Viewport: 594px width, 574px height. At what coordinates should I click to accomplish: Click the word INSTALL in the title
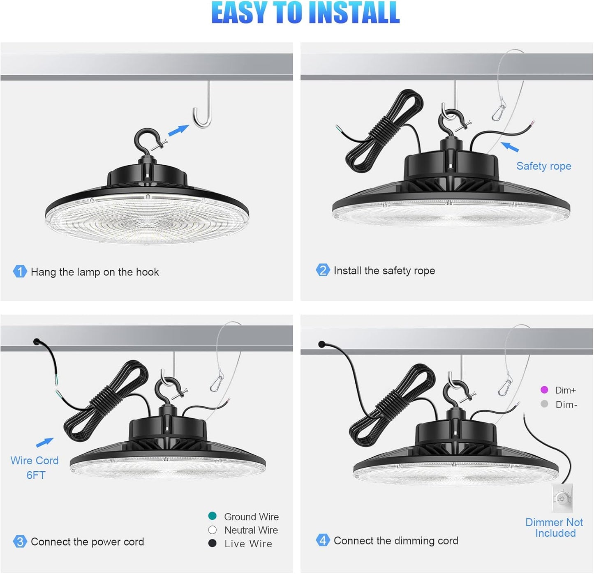click(354, 12)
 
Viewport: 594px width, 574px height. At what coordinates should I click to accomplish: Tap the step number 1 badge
click(20, 271)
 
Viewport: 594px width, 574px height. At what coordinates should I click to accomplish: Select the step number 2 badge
click(323, 270)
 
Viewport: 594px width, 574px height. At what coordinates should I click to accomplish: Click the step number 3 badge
click(20, 542)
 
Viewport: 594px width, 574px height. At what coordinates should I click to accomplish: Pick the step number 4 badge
click(323, 540)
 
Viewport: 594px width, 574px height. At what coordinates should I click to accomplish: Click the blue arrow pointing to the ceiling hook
click(178, 130)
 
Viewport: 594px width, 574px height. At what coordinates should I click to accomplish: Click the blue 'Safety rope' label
click(543, 166)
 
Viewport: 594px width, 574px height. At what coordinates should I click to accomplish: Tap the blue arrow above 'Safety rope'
click(510, 147)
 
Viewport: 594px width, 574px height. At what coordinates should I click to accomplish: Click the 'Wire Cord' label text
click(35, 461)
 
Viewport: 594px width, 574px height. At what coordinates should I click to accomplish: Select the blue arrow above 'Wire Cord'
click(44, 443)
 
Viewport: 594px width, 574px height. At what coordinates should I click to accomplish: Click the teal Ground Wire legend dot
click(212, 516)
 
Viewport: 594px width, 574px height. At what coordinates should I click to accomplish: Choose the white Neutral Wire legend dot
click(212, 530)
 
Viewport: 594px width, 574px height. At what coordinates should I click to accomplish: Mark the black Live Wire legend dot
click(212, 543)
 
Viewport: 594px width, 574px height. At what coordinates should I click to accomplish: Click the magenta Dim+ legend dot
click(544, 390)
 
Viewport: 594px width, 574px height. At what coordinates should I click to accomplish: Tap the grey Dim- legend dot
click(544, 404)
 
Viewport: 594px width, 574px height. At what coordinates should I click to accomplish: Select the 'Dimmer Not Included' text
click(554, 528)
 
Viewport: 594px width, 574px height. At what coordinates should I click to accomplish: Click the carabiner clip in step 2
click(499, 110)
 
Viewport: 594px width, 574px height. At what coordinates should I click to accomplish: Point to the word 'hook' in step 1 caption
click(148, 272)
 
